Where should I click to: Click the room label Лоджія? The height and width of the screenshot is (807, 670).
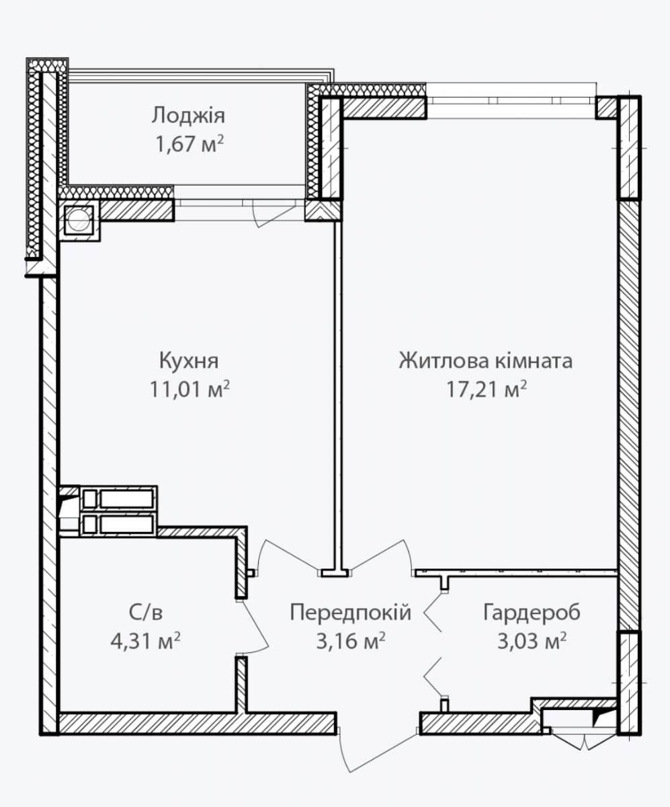(188, 116)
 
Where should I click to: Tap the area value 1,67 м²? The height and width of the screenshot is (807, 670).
(190, 144)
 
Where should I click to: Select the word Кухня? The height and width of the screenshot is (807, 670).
(189, 361)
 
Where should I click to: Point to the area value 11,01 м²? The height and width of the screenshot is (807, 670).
(190, 389)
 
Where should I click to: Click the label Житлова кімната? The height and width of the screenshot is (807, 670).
(486, 361)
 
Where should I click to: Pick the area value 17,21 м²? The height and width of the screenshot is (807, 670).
(487, 389)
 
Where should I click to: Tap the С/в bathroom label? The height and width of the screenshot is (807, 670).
(146, 613)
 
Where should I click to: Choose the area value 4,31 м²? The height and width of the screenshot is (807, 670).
(145, 641)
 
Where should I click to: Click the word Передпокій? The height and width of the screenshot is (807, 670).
(351, 613)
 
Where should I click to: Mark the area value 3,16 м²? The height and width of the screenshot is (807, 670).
(351, 641)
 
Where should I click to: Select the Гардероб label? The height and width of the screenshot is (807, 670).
(532, 613)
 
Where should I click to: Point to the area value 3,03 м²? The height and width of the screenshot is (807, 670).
(532, 641)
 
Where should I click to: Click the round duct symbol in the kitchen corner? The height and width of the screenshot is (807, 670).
(79, 220)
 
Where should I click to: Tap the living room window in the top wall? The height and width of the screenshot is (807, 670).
(511, 101)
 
